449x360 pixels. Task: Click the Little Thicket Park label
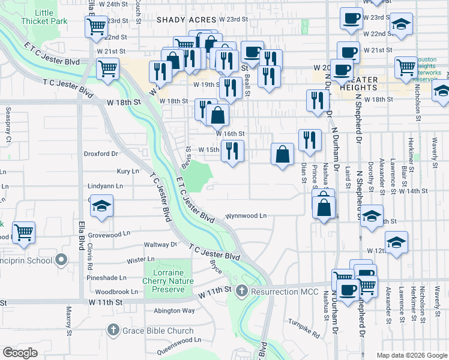click(44, 17)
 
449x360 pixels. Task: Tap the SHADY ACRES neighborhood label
click(186, 20)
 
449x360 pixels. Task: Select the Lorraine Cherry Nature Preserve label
click(168, 281)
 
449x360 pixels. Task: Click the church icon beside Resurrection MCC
click(241, 292)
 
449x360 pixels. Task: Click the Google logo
click(20, 353)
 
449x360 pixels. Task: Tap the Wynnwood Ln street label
click(246, 215)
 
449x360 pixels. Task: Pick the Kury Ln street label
click(128, 172)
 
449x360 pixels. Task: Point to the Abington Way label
click(174, 311)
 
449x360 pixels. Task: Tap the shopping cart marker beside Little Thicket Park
click(96, 28)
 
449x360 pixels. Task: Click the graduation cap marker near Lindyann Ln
click(101, 208)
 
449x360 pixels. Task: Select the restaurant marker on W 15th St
click(232, 151)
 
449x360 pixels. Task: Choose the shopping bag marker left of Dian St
click(282, 155)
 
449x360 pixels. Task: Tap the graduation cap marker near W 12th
click(396, 243)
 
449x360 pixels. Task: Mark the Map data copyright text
click(412, 355)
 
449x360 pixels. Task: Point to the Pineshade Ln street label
click(106, 278)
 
